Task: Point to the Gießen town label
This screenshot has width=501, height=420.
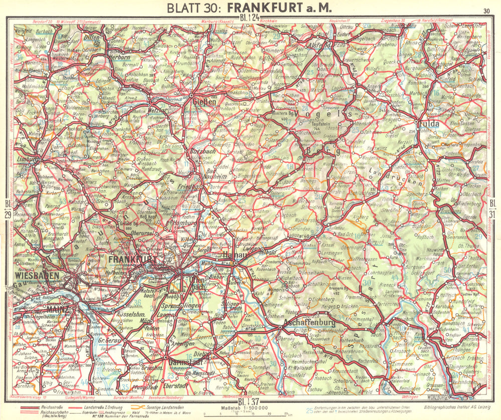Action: coord(204,102)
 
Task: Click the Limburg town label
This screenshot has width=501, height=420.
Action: coord(26,159)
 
